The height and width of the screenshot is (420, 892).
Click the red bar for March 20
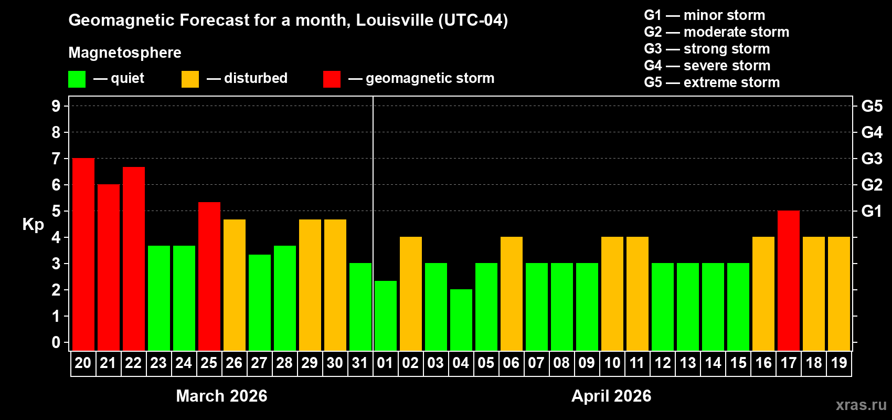point(83,255)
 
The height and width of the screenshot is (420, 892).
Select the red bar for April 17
point(789,281)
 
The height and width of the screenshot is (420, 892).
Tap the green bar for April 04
point(461,320)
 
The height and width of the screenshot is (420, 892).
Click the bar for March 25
point(209,277)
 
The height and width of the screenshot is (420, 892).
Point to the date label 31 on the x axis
point(360,363)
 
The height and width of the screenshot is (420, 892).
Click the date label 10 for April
point(612,363)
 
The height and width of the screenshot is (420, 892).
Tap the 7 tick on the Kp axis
point(56,159)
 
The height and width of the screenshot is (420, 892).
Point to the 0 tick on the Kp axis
point(56,342)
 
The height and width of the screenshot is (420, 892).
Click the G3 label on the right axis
point(872,159)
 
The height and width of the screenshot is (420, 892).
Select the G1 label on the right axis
point(872,211)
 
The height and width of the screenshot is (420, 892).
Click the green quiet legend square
point(77,79)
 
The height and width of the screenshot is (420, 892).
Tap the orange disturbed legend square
point(190,79)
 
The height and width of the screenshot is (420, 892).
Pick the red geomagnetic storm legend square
point(332,79)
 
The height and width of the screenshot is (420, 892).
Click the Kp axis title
point(33,224)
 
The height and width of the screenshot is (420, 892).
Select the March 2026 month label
point(221,396)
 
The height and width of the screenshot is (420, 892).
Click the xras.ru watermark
point(861,405)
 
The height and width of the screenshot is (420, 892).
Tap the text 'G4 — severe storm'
point(707,66)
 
